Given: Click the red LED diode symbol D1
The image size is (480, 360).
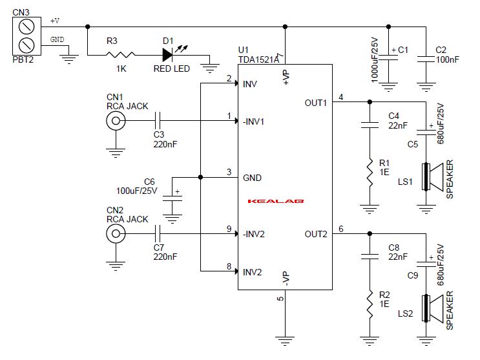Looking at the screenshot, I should point(169,56).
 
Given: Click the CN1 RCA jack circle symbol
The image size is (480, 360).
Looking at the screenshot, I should point(116,120).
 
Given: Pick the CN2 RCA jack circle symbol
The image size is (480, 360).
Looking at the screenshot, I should point(116,234).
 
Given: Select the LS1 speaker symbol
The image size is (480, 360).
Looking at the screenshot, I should point(430,177).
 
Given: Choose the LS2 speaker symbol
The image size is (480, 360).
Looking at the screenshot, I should point(430,308).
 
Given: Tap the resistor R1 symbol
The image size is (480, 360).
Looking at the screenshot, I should point(370,173).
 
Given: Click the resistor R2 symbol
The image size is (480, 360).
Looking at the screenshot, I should point(370,304).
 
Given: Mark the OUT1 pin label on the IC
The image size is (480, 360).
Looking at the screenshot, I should point(316,103).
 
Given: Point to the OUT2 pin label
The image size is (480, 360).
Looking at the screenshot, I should point(316,234).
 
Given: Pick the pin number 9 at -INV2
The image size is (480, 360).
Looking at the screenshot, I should point(229,229).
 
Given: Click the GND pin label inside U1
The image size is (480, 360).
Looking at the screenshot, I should point(253,177).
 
